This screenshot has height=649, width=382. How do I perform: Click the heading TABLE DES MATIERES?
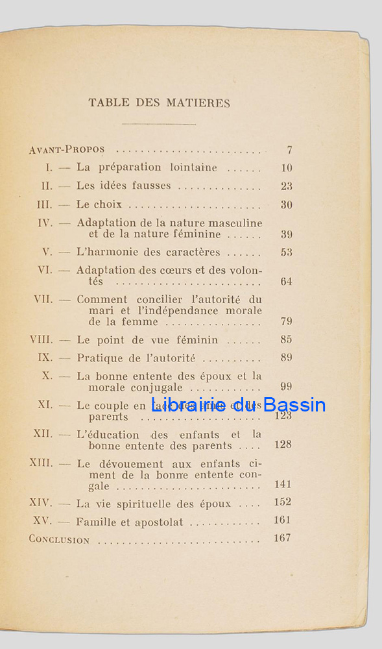pos(159,103)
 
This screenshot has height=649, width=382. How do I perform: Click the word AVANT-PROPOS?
pos(67,151)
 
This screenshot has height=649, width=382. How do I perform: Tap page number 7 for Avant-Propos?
pos(289,151)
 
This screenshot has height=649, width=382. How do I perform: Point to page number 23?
pos(287,186)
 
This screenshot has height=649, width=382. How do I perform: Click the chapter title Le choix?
pos(99,204)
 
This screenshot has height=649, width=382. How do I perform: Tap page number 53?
pos(287,252)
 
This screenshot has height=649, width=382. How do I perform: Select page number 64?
pos(287,282)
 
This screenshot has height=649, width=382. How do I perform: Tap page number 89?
pos(287,358)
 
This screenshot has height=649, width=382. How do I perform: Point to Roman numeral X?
pos(47,376)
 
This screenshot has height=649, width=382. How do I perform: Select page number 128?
pos(283,445)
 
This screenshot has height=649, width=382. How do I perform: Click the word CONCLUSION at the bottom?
pos(59,539)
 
